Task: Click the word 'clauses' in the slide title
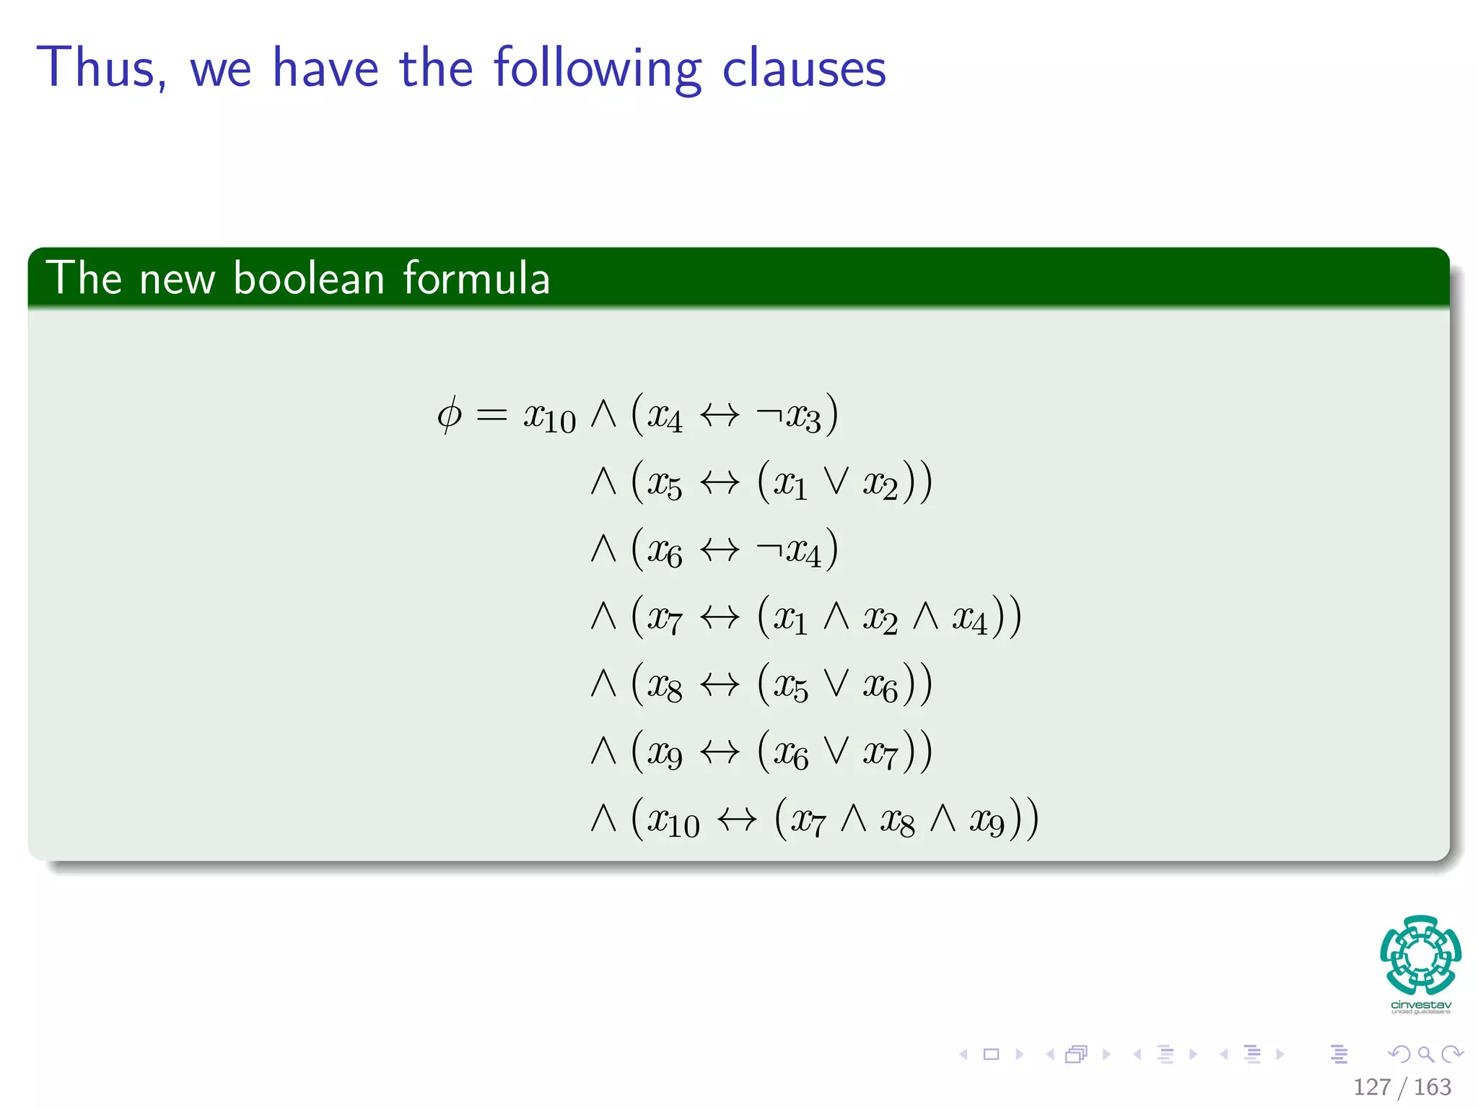tap(803, 69)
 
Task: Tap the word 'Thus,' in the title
tap(102, 69)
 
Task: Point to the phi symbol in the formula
tap(449, 415)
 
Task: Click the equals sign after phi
tap(491, 416)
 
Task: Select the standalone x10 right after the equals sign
tap(549, 417)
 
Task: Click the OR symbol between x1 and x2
tap(836, 482)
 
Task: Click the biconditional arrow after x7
tap(720, 618)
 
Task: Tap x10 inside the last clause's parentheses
tap(673, 822)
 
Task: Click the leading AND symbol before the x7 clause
tap(603, 617)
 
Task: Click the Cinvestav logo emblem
tap(1420, 954)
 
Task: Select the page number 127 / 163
tap(1402, 1087)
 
